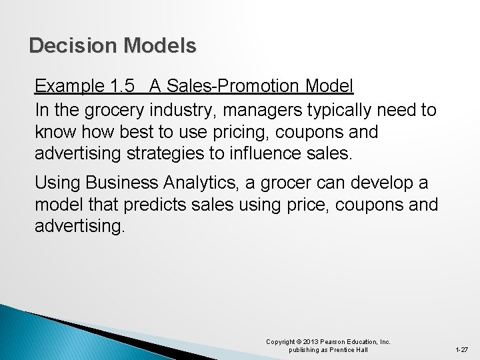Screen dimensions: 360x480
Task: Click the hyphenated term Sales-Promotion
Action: [228, 86]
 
